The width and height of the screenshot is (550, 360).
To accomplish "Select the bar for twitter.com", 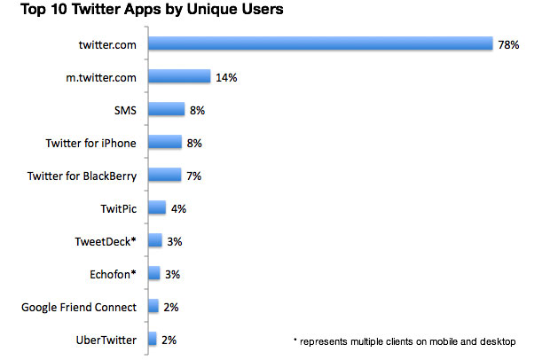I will [x=320, y=43].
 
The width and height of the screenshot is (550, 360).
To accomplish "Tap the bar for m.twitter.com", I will [x=179, y=77].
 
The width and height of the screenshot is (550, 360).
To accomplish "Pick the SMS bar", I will [x=167, y=110].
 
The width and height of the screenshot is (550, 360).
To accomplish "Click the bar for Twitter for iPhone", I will [x=165, y=143].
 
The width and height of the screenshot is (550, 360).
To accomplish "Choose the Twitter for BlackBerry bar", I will [x=164, y=176].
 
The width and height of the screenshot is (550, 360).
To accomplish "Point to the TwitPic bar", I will [x=157, y=208].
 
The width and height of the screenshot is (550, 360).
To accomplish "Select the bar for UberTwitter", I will [x=153, y=339].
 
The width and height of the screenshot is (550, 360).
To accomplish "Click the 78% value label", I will [x=508, y=43].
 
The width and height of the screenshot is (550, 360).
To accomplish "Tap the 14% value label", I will [x=225, y=77].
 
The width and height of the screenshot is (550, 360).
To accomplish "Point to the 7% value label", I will [x=193, y=176].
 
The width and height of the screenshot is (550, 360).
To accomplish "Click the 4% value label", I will [x=178, y=208].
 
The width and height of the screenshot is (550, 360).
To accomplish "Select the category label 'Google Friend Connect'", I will [x=79, y=307].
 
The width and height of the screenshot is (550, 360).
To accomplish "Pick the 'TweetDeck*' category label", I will [x=106, y=241].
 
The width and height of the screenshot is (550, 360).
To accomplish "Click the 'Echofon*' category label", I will [x=109, y=274].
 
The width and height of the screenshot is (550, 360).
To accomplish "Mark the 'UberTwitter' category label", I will [x=106, y=339].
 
